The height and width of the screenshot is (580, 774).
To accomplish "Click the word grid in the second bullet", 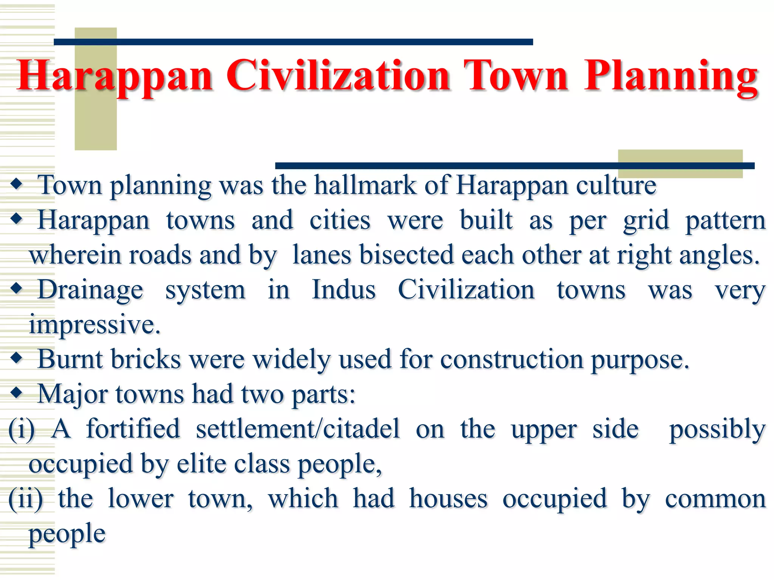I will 646,220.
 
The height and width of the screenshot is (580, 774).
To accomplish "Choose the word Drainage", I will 91,290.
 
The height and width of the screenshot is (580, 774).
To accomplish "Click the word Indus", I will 344,290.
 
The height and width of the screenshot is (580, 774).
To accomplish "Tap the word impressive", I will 94,325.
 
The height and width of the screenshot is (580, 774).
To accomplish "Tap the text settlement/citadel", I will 297,429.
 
